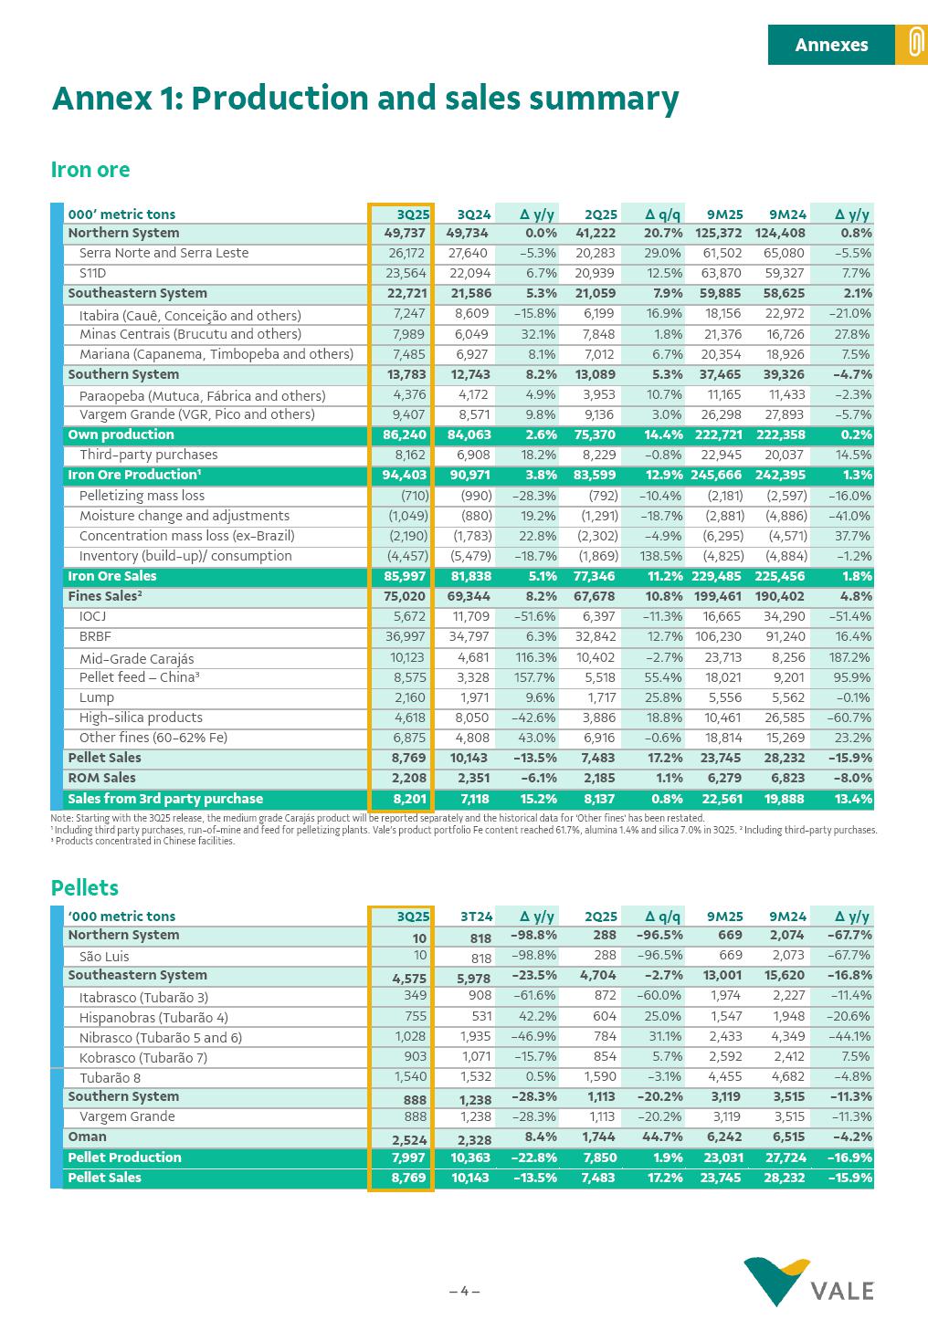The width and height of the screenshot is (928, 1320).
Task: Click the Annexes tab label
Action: click(x=831, y=45)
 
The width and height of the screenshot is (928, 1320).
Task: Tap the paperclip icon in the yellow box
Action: click(x=912, y=45)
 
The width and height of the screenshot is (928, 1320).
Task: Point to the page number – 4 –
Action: click(x=464, y=1291)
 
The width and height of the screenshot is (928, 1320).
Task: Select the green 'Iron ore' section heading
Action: click(x=90, y=170)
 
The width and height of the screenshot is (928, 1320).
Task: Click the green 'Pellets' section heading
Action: click(x=85, y=887)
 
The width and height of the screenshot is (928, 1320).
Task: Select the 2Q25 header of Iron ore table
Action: click(x=601, y=215)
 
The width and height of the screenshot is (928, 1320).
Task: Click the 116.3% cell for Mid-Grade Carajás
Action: click(x=536, y=657)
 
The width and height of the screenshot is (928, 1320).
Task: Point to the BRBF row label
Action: click(x=95, y=636)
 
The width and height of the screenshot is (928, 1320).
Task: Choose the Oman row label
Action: click(x=88, y=1137)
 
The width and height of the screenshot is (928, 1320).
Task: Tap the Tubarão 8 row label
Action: click(x=110, y=1077)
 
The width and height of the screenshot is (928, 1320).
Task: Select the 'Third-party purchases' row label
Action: click(x=148, y=455)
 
